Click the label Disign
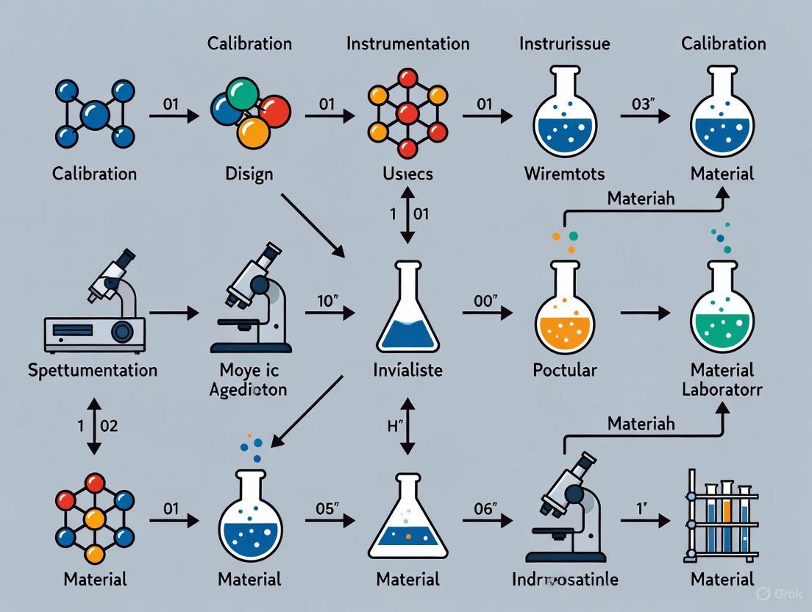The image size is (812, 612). click(x=250, y=174)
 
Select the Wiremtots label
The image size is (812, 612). click(x=565, y=174)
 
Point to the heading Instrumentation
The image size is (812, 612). click(x=407, y=43)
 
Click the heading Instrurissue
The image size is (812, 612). click(x=565, y=43)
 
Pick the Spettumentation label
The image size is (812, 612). click(x=93, y=369)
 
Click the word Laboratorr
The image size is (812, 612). click(x=722, y=389)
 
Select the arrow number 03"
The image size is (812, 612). click(x=644, y=104)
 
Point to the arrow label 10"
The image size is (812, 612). click(x=324, y=300)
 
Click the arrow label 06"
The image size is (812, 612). click(x=482, y=508)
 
